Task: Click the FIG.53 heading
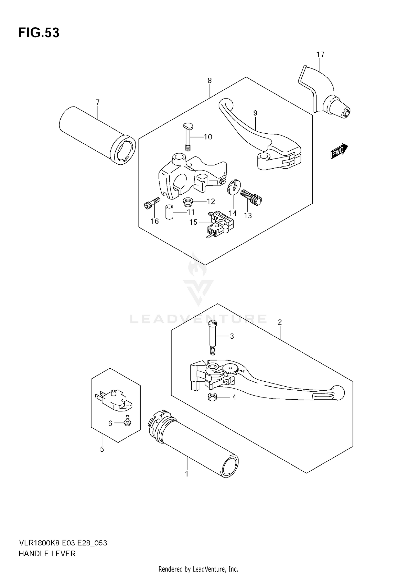pyautogui.click(x=39, y=33)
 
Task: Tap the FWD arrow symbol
pyautogui.click(x=339, y=151)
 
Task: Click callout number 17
pyautogui.click(x=320, y=55)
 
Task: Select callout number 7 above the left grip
pyautogui.click(x=98, y=102)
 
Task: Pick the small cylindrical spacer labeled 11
pyautogui.click(x=169, y=212)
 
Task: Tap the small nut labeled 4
pyautogui.click(x=212, y=397)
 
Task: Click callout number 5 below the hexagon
pyautogui.click(x=102, y=449)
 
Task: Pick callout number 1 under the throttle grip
pyautogui.click(x=187, y=474)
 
